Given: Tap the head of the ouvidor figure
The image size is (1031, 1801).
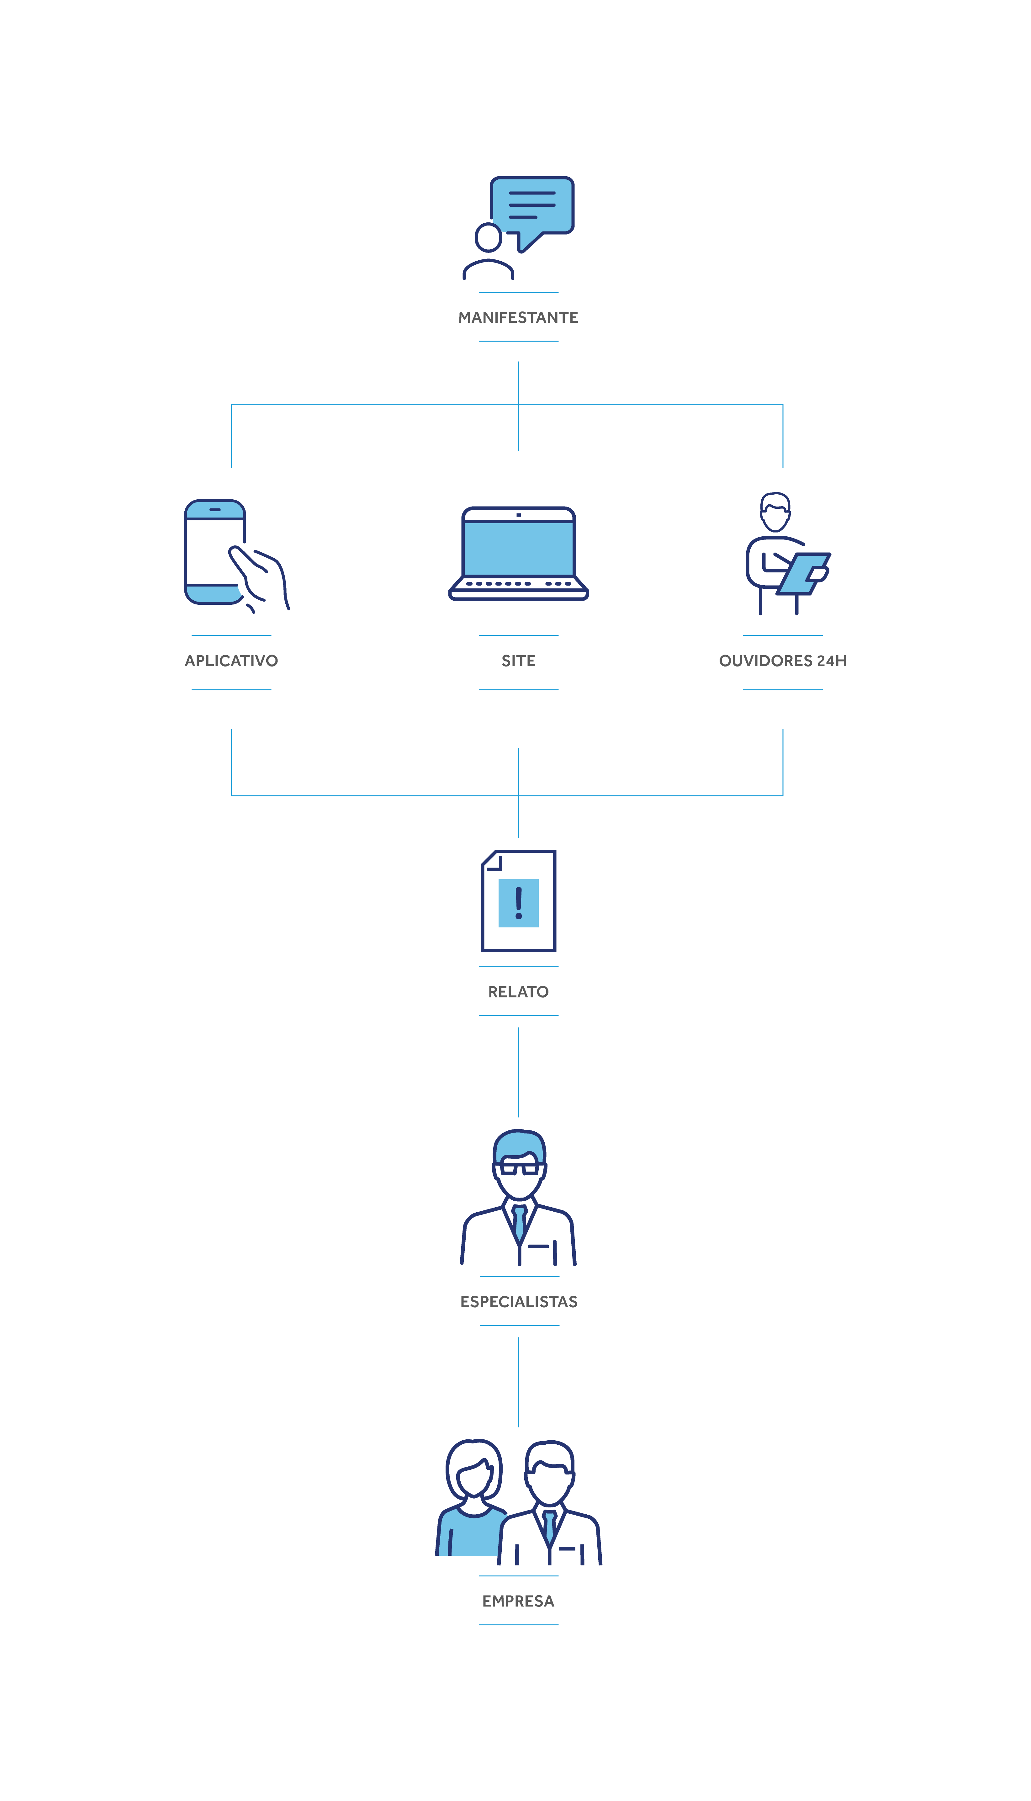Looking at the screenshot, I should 775,511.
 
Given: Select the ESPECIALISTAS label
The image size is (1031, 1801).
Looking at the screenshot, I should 518,1302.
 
